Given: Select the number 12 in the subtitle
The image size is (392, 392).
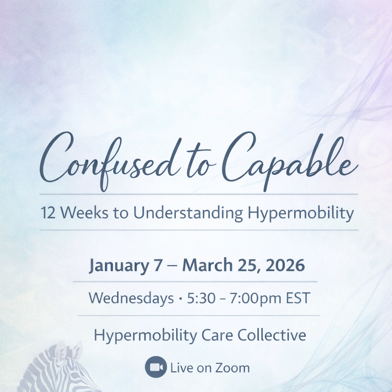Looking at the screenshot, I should [49, 213].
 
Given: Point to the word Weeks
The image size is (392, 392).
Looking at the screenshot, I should [84, 213].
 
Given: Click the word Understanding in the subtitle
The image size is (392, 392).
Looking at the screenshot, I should [188, 213].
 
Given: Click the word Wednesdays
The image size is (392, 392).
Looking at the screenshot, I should [131, 299].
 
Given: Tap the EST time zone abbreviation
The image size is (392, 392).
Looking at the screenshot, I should [297, 299].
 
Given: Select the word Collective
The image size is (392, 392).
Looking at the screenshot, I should [272, 335].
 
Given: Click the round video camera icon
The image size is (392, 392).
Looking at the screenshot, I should [156, 367].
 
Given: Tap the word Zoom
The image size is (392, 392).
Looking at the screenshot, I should [232, 368].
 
